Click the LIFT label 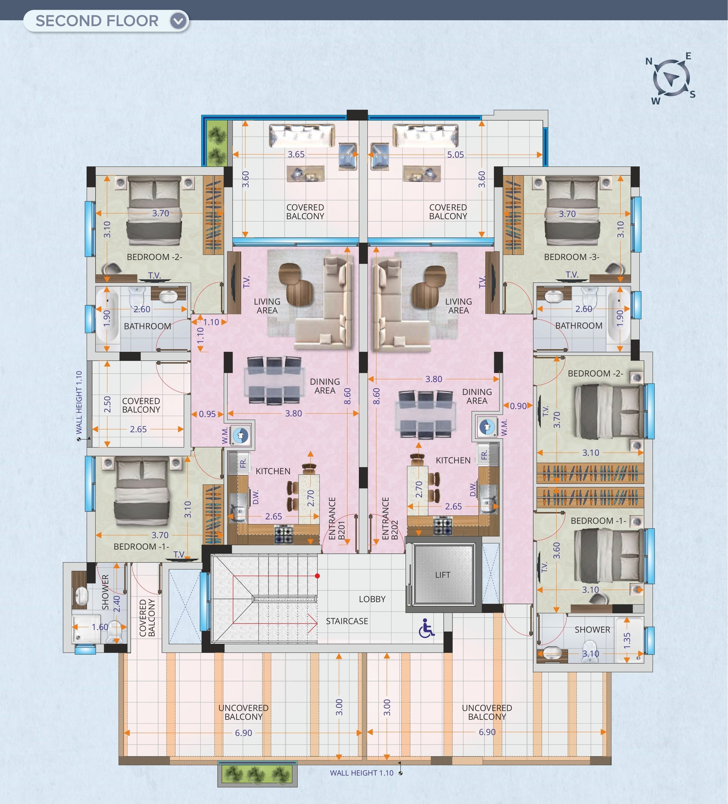click(x=443, y=575)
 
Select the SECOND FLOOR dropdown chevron click(x=178, y=21)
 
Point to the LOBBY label click(x=372, y=599)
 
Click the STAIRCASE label click(x=347, y=621)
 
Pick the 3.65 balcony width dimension click(x=296, y=154)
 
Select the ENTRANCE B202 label click(x=390, y=519)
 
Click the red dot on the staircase click(x=317, y=576)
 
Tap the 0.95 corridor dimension click(x=207, y=414)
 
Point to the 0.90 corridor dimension click(x=518, y=406)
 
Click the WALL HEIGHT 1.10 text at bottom click(x=361, y=773)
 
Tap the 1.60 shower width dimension click(x=100, y=627)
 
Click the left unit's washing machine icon click(x=240, y=435)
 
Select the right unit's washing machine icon click(x=486, y=426)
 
